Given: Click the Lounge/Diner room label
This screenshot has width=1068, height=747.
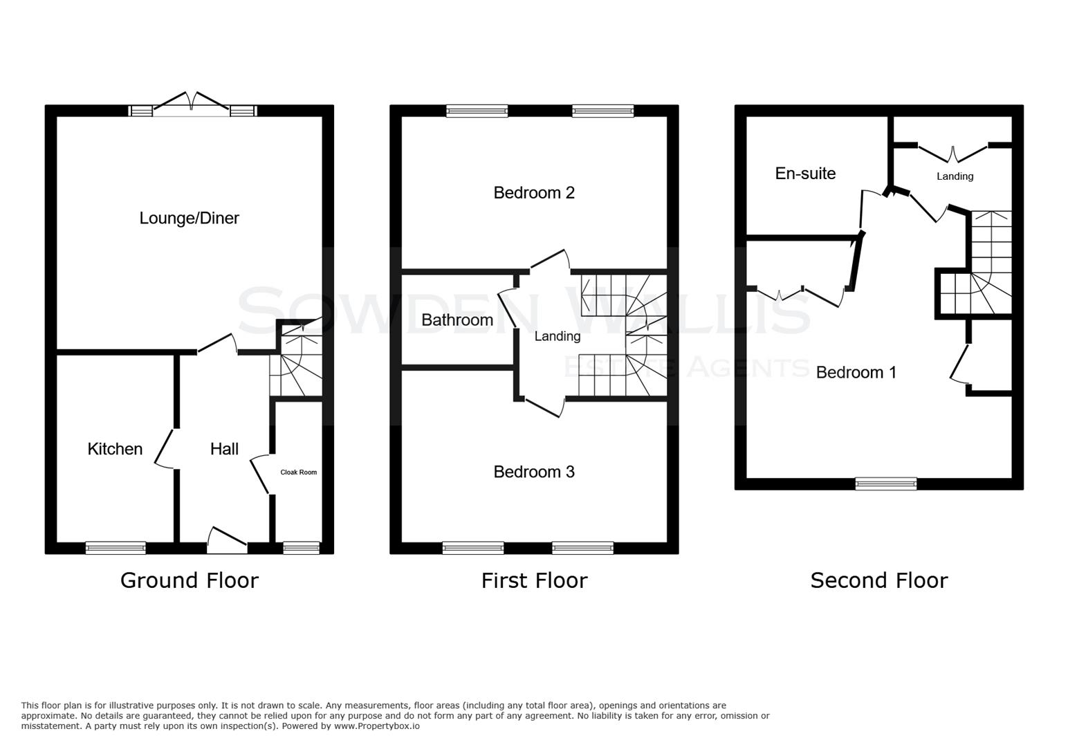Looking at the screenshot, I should pos(189,219).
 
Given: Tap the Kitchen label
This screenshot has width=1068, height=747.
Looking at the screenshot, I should pos(115,449).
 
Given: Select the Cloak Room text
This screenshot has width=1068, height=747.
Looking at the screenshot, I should pos(298,472).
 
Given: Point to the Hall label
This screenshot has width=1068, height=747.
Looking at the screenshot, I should pos(224,449).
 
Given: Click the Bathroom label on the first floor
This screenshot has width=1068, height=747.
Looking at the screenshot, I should pos(457,320).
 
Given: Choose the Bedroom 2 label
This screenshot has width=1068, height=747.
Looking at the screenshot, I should pos(534,192).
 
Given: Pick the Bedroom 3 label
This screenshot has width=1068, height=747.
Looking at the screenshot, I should pos(534,472).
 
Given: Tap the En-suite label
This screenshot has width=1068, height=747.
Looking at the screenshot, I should pos(805,174).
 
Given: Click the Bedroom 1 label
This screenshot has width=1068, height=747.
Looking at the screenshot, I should pos(856,372).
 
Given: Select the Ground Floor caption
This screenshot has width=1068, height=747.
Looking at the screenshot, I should pos(190,580).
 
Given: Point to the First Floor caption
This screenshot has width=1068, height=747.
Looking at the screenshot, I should pos(534,580).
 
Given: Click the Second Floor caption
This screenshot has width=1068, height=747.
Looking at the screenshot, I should pos(878,580).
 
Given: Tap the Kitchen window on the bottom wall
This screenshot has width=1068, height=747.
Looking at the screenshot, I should pos(116,548).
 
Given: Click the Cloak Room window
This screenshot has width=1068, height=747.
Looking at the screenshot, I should pos(302,548).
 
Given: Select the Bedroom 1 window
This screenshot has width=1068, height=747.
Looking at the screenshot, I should pos(886,483).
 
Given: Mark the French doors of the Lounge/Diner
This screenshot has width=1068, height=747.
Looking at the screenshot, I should pos(192,104).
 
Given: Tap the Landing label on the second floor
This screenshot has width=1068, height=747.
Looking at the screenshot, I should pos(955,176).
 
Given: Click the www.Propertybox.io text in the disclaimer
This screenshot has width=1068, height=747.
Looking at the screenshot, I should pos(377,726).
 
